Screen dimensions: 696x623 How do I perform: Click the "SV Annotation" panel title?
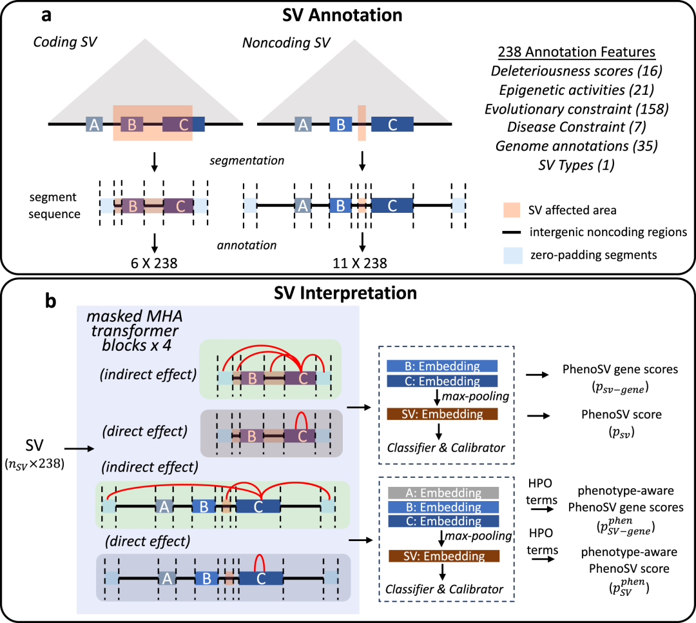coord(342,15)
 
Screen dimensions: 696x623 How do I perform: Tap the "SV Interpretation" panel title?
coord(345,293)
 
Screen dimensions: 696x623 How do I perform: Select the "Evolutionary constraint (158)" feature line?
coord(577,109)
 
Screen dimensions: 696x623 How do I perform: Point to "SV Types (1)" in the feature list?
coord(577,165)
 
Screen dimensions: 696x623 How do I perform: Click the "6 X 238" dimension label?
coord(154,263)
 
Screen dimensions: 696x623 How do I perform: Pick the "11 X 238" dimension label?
coord(360,263)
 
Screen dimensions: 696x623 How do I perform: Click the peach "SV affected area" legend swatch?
coord(512,210)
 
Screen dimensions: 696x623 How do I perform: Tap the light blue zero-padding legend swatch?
coord(513,255)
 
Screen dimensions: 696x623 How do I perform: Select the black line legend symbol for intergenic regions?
coord(511,232)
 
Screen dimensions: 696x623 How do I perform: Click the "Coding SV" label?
coord(65,42)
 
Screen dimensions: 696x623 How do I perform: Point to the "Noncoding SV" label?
coord(286,43)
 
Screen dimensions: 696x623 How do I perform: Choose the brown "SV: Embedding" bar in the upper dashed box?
coord(442,414)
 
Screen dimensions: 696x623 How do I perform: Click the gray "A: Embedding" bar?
coord(443,493)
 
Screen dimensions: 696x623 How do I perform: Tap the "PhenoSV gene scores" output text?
coord(620,370)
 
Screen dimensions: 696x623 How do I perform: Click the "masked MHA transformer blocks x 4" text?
coord(135,331)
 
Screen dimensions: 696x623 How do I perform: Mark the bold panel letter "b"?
coord(51,301)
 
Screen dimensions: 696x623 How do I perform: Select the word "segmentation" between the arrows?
coord(247,161)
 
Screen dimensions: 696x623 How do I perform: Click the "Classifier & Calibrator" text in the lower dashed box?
coord(444,589)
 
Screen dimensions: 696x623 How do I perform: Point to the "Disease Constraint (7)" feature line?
coord(577,127)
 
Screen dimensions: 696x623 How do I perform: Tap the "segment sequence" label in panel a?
coord(54,205)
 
